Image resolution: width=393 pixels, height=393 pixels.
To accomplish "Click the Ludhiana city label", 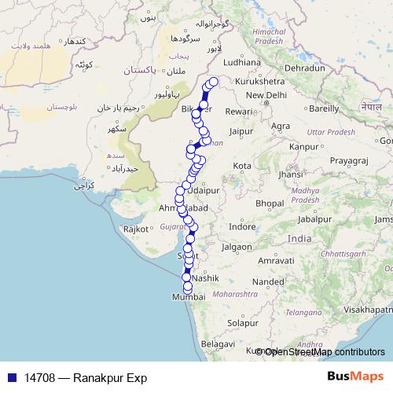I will tap(241, 62).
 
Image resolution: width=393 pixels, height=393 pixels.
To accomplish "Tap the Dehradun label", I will tap(304, 68).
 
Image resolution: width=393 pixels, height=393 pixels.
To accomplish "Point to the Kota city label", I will tap(242, 166).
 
